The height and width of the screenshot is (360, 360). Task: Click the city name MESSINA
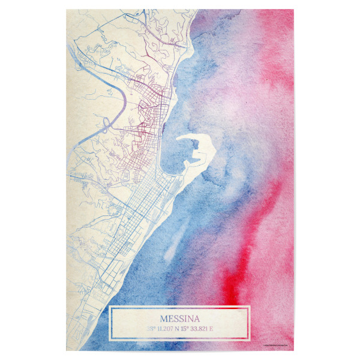pos(180,318)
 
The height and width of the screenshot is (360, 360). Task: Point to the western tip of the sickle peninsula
pos(178,141)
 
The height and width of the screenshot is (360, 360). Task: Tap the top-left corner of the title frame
pos(110,306)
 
